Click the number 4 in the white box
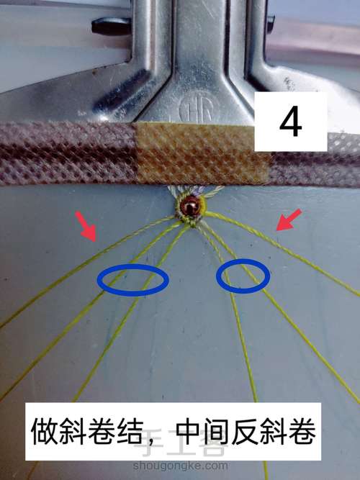(290, 122)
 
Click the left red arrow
(86, 227)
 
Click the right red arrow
(289, 219)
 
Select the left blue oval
(132, 280)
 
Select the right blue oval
(243, 276)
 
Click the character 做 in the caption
(45, 432)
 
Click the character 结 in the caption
(130, 432)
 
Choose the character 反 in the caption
(245, 432)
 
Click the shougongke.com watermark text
(181, 466)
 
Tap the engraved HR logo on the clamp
(196, 110)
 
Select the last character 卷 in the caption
(302, 432)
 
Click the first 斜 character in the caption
(73, 432)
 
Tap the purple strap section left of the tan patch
(68, 153)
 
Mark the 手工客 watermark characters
(181, 444)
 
